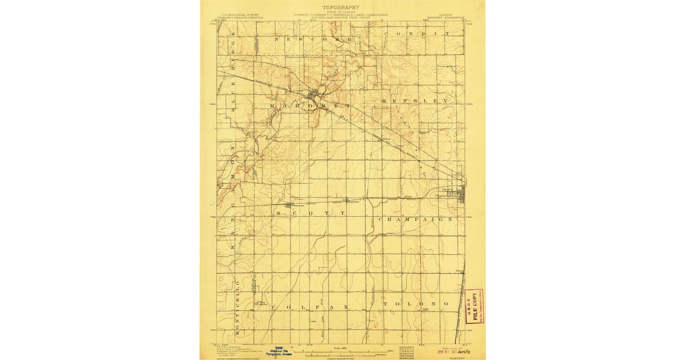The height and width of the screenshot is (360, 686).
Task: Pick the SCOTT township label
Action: coord(312,213)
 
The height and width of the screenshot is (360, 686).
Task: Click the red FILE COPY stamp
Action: coord(474,306)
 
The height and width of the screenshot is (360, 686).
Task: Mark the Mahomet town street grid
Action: coord(313,94)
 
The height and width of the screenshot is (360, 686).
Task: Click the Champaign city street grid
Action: coord(458,196)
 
